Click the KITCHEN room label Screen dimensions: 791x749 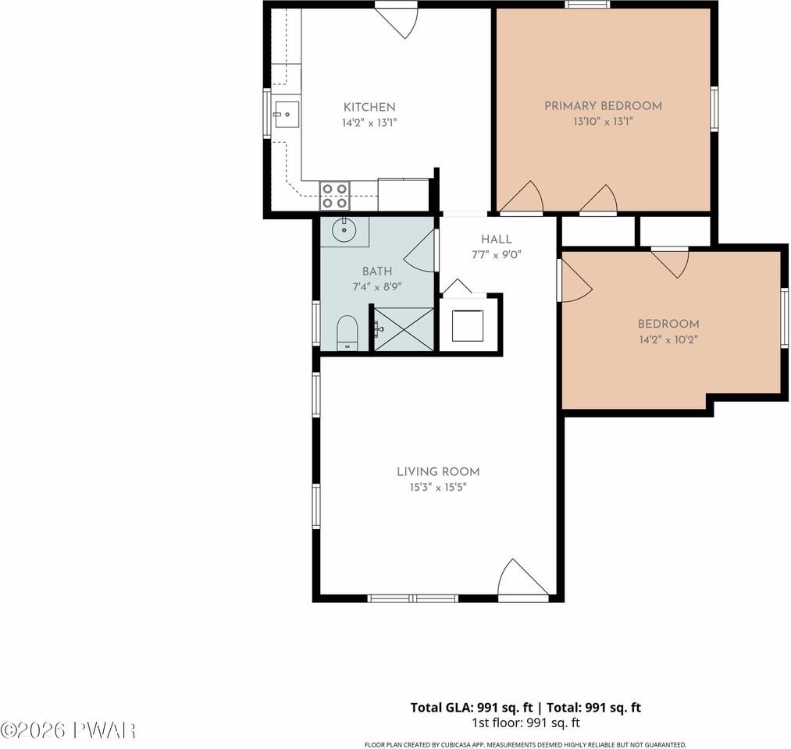[369, 107]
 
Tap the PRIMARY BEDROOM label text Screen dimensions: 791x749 [603, 106]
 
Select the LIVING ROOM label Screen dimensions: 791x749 [438, 472]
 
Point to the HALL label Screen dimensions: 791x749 [497, 240]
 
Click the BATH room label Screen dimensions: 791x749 [377, 272]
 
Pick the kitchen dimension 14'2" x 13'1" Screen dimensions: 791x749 [369, 122]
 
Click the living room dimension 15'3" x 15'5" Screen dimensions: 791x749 [438, 488]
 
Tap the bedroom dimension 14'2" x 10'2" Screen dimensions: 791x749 [668, 339]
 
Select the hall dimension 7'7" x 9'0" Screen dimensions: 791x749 [497, 255]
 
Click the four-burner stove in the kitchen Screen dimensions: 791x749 [335, 196]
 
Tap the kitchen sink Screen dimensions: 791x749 [287, 115]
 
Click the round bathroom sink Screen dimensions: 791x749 [344, 231]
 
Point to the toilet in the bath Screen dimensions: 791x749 [347, 332]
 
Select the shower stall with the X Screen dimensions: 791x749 [403, 329]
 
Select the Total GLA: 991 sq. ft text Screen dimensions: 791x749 [471, 708]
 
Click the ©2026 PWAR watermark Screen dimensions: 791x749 [68, 729]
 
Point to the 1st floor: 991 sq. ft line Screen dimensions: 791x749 [526, 722]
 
